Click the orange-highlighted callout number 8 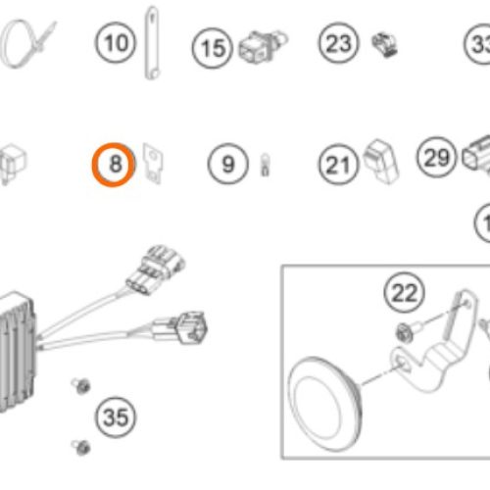pyautogui.click(x=115, y=165)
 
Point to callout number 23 pyautogui.click(x=338, y=43)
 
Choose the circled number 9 pyautogui.click(x=228, y=164)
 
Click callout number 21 pyautogui.click(x=338, y=165)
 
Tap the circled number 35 pyautogui.click(x=116, y=418)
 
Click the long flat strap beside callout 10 pyautogui.click(x=154, y=43)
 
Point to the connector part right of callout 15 pyautogui.click(x=257, y=45)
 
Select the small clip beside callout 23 pyautogui.click(x=382, y=44)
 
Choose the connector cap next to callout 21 pyautogui.click(x=380, y=162)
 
